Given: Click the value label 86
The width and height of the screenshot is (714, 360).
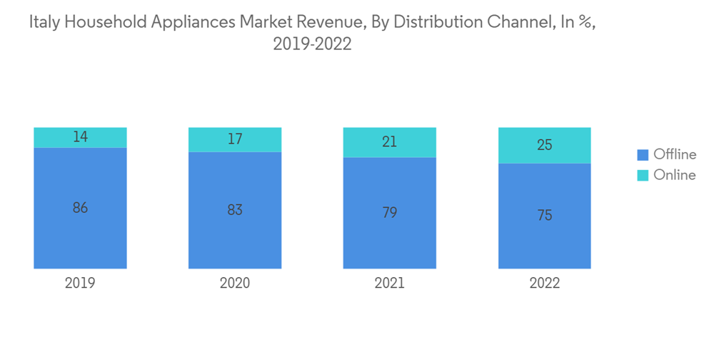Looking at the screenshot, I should click(x=80, y=208).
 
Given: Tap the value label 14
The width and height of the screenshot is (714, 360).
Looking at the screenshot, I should click(x=80, y=137).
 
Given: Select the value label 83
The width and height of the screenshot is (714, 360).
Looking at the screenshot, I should click(x=235, y=210).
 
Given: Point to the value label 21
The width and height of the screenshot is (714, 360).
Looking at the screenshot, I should click(x=389, y=142).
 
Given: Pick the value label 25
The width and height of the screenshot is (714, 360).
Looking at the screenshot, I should click(x=544, y=145).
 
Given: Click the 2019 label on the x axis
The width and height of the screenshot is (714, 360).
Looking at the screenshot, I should click(x=80, y=284).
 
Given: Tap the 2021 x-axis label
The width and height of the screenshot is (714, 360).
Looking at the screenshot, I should click(x=389, y=284).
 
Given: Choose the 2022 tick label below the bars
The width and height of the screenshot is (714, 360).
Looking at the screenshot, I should click(x=544, y=284).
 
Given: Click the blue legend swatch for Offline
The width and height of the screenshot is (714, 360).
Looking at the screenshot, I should click(x=643, y=154).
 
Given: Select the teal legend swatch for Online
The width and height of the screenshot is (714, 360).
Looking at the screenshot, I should click(x=643, y=175).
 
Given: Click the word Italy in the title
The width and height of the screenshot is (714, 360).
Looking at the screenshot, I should click(x=44, y=22).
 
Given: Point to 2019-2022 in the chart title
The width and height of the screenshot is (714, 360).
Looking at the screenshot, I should click(x=312, y=44).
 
